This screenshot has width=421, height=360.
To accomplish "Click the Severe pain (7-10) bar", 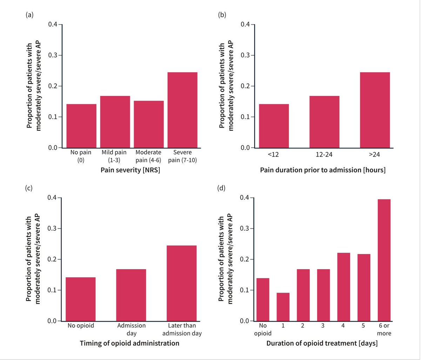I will click(182, 110).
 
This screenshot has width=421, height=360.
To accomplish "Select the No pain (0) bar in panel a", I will click(81, 126).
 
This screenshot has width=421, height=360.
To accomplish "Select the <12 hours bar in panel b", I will click(274, 126).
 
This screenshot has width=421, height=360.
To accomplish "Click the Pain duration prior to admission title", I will click(323, 170).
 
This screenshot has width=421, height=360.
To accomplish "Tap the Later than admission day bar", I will click(181, 283).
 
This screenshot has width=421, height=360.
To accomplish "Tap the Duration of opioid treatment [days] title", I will click(322, 344).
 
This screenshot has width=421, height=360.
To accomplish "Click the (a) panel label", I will click(29, 15).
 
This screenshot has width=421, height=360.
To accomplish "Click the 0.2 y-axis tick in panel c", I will click(52, 259).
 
